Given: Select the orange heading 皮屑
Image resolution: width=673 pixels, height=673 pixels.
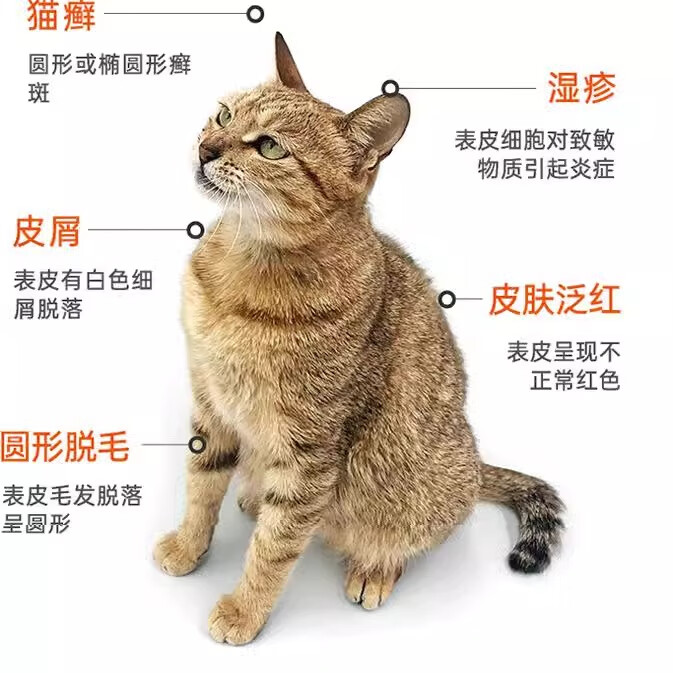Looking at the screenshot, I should (x=46, y=231).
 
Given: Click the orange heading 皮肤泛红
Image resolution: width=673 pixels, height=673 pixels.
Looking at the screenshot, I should (x=554, y=299).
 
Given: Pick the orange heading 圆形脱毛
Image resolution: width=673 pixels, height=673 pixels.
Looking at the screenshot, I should (x=65, y=445).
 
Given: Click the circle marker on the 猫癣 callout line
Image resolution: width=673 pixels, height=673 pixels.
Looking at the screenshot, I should (x=256, y=14).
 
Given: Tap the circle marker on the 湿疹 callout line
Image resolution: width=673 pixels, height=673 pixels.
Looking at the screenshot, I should (x=391, y=88).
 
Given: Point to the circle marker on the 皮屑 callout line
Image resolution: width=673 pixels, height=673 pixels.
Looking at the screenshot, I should (x=195, y=230).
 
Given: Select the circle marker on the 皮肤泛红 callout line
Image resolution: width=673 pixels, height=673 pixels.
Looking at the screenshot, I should (x=447, y=299).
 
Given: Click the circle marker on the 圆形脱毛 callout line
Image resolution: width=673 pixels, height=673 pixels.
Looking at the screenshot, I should (x=198, y=444).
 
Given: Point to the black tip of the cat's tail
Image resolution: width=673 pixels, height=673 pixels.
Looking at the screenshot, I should (x=527, y=557).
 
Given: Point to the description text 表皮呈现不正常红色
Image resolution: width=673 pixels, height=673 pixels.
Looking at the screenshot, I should (x=564, y=365).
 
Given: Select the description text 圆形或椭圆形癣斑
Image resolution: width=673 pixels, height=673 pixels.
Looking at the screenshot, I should (x=108, y=79).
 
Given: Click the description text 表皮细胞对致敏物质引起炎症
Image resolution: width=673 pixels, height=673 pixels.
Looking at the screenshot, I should (x=534, y=154).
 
